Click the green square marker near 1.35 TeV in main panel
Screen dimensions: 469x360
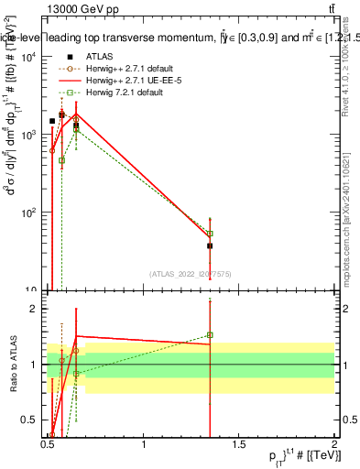click(210, 234)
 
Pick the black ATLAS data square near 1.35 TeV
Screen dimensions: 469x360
click(210, 245)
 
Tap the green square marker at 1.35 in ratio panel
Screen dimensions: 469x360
click(210, 335)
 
